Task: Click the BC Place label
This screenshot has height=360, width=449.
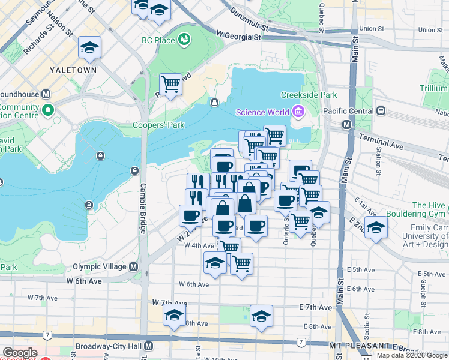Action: coord(158,40)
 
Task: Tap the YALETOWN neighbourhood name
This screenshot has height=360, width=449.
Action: coord(73,70)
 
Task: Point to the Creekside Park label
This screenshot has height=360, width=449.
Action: coord(309,95)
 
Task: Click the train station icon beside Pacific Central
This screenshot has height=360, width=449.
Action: coord(381,112)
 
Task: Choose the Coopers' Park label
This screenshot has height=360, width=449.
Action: coord(159,125)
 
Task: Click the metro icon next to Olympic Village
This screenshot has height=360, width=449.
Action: coord(133,266)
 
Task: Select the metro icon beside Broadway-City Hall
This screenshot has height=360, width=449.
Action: coord(148,347)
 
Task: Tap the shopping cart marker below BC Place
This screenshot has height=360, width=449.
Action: coord(171,85)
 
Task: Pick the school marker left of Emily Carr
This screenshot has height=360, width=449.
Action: coord(376,227)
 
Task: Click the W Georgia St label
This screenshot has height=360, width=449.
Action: coord(240,37)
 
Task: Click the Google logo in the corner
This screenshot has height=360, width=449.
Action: coord(20,353)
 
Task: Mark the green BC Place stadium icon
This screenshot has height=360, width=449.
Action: coord(184,40)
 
